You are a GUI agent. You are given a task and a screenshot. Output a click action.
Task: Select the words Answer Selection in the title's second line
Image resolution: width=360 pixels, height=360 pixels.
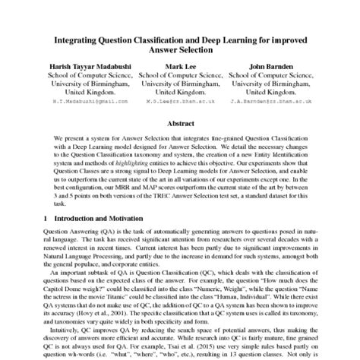[x=180, y=47]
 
